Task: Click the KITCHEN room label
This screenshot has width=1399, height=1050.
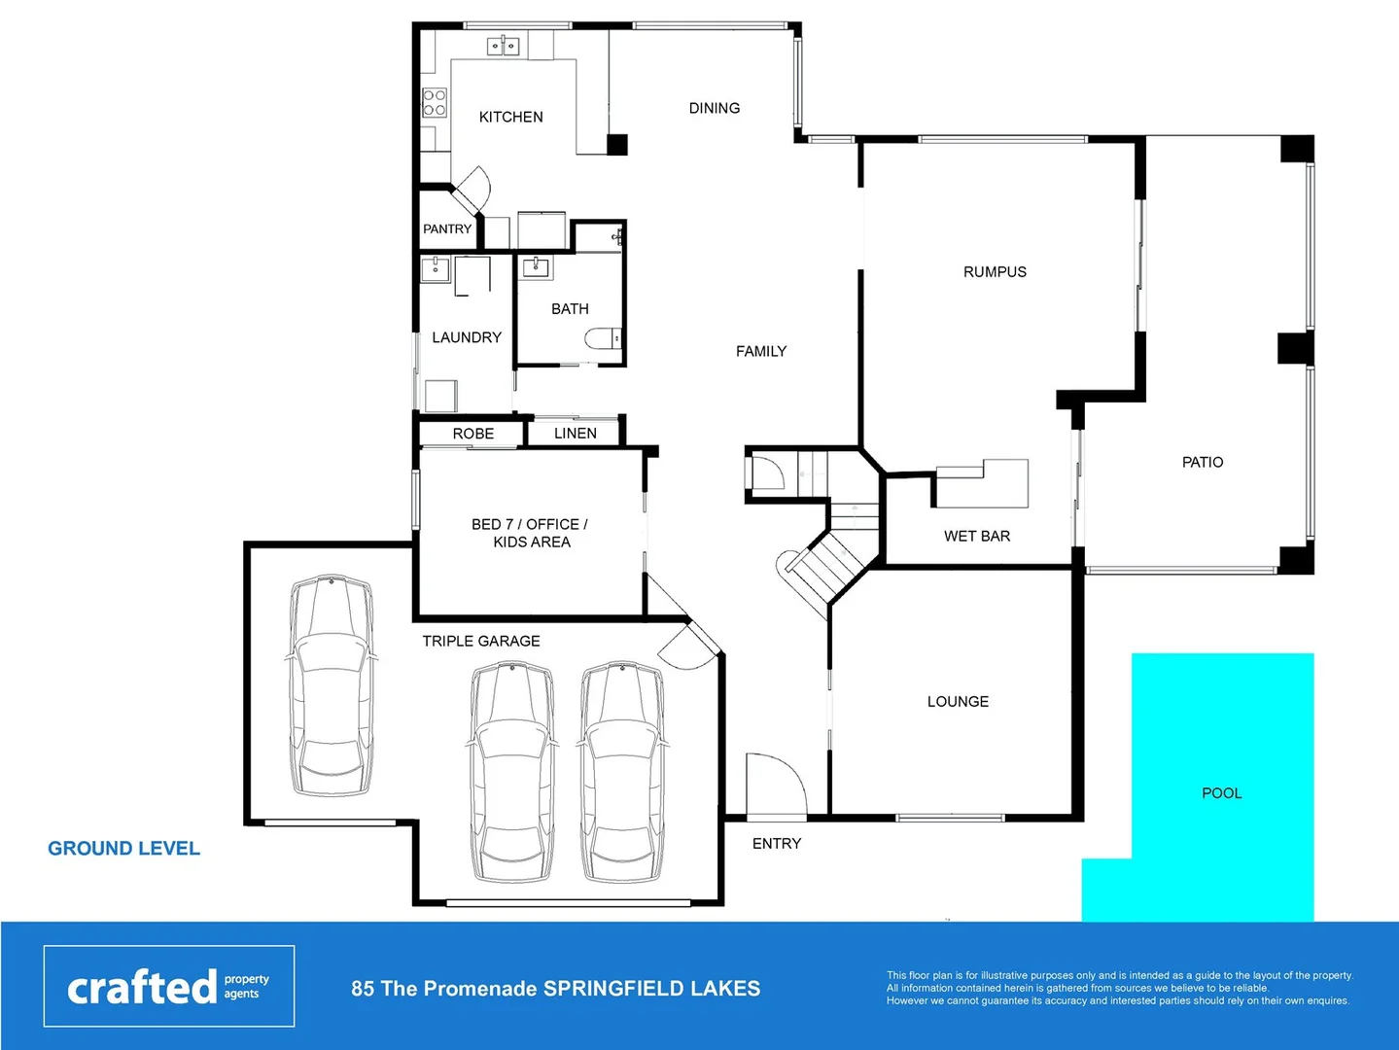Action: click(510, 117)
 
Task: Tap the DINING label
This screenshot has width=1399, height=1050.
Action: click(714, 108)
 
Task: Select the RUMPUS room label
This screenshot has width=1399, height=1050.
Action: click(995, 272)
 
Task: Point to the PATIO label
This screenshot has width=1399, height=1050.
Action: click(1202, 462)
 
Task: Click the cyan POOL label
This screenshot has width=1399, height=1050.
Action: click(1221, 793)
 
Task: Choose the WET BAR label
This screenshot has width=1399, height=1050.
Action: click(976, 536)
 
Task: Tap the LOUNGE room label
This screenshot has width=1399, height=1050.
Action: click(958, 702)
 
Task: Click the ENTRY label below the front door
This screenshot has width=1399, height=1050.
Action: click(776, 844)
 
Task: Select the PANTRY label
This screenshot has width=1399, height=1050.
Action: click(447, 229)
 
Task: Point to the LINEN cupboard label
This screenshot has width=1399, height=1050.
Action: click(575, 434)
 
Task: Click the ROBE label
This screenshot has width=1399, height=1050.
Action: click(472, 434)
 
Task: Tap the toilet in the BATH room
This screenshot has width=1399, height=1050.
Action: click(602, 338)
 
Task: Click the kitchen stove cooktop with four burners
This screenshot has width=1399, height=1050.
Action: click(435, 102)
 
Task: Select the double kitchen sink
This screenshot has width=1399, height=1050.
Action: click(503, 46)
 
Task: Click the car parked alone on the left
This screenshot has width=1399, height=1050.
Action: click(331, 685)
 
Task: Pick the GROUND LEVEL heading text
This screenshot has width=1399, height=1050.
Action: click(123, 849)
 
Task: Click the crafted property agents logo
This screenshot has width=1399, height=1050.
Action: click(168, 987)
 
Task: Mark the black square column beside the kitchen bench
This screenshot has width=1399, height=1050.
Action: click(617, 145)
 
